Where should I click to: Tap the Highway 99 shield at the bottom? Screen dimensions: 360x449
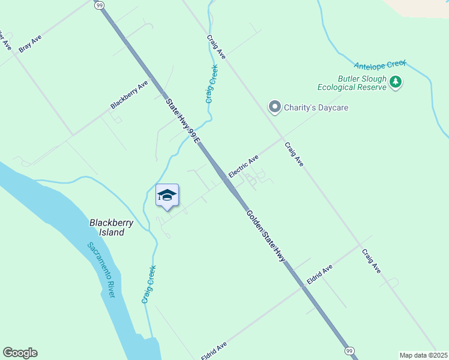tap(349, 350)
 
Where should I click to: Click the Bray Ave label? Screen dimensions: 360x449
tap(30, 43)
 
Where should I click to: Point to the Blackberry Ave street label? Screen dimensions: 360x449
tap(129, 95)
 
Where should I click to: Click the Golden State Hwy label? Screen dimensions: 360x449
tap(265, 235)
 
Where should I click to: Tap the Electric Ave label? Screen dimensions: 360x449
tap(243, 166)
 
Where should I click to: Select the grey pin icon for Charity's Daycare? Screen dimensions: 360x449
tap(275, 107)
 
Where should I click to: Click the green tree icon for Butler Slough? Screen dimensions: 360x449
tap(395, 82)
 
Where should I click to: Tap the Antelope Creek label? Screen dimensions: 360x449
tap(380, 64)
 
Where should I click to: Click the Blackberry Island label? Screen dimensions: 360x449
tap(112, 227)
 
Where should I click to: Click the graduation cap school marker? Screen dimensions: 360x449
tap(167, 196)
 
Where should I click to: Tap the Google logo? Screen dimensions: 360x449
tap(20, 353)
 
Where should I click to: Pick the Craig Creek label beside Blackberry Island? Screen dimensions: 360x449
tap(149, 284)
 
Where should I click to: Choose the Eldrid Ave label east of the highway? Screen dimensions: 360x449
tap(319, 275)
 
